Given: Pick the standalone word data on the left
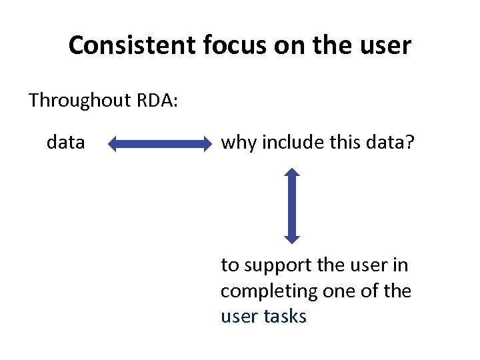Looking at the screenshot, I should tap(65, 142).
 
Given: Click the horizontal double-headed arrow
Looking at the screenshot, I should tap(159, 144).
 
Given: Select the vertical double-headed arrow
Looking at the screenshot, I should tap(291, 205).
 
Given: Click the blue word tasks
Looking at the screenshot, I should tap(285, 316).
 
